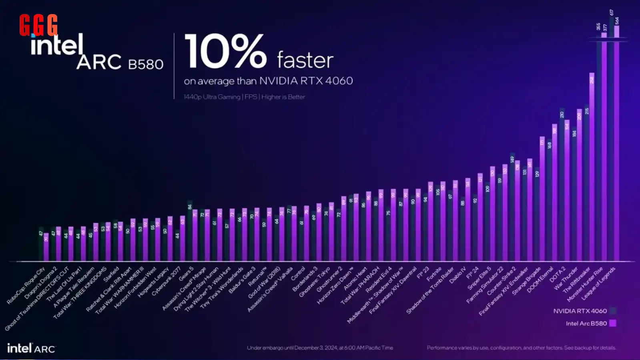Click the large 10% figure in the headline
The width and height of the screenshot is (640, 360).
pos(225,52)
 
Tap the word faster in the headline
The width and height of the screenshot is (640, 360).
pos(305,60)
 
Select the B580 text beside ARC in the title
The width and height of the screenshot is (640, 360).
pos(146,64)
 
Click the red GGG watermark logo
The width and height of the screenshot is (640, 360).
pos(38,25)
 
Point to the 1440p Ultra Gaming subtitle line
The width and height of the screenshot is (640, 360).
pos(244,97)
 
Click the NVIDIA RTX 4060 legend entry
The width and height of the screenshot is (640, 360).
pos(580,311)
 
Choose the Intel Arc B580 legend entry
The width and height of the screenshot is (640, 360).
pos(586,323)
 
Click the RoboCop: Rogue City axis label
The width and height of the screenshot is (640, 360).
pos(26,286)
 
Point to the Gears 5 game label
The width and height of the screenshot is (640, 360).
pos(186,274)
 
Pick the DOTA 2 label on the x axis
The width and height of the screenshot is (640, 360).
pos(557,275)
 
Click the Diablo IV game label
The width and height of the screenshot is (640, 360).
pos(458,276)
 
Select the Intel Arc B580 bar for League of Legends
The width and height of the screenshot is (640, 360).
pos(616,144)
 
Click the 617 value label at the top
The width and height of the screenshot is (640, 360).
pos(611,12)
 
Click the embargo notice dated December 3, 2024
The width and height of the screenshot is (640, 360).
pos(320,348)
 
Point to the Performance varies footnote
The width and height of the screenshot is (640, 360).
pos(521,348)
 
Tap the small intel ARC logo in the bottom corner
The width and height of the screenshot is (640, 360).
pos(31,348)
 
